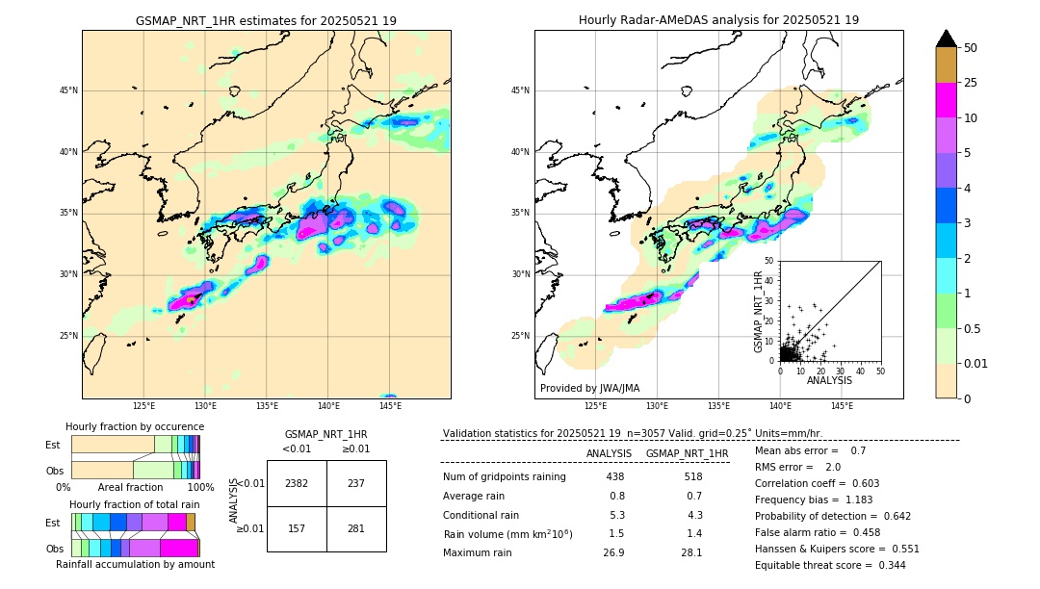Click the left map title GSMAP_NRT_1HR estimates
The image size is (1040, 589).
tap(266, 20)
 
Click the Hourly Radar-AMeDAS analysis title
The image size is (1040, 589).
tap(718, 20)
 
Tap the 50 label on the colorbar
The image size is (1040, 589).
tap(971, 47)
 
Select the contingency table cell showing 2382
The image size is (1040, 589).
tap(297, 483)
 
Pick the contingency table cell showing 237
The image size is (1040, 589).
tap(356, 483)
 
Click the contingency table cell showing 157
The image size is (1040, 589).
tap(297, 528)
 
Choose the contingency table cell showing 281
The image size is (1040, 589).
tap(356, 528)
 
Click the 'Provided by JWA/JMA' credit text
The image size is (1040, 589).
tap(589, 389)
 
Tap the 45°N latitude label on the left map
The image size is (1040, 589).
tap(68, 90)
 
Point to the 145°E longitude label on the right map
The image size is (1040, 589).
tap(842, 406)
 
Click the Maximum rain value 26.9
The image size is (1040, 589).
tap(613, 552)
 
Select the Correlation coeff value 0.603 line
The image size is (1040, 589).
tap(817, 483)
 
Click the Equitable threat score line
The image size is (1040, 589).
tap(830, 565)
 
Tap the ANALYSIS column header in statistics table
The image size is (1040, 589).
tap(609, 453)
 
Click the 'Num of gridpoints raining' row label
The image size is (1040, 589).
tap(505, 477)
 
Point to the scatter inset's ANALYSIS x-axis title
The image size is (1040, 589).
tap(829, 381)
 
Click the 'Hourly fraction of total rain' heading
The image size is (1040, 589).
tap(135, 504)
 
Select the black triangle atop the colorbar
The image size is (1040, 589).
tap(947, 38)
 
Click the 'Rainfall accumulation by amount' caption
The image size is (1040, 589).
tap(135, 565)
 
